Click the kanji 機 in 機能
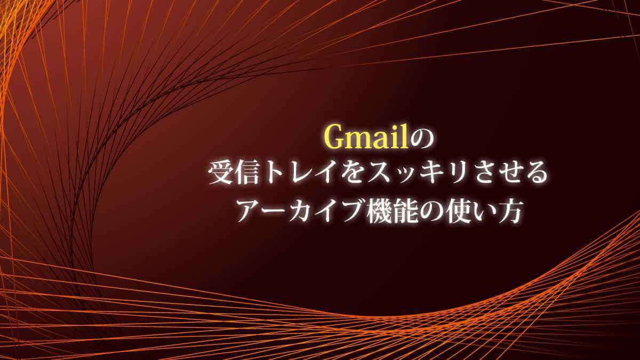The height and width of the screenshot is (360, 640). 379,211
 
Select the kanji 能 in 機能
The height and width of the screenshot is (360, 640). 406,211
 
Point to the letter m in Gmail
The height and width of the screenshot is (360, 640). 360,142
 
